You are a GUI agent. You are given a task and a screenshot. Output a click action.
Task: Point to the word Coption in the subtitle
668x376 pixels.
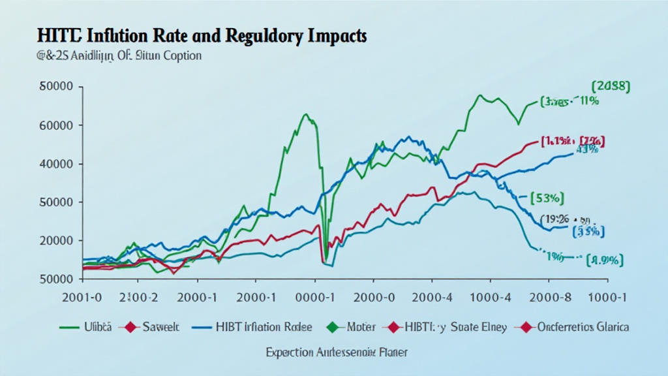(x=177, y=56)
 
